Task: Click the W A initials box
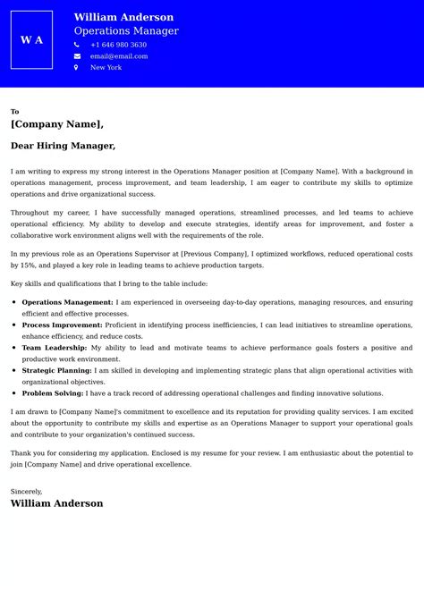click(x=31, y=40)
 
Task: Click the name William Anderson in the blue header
click(x=123, y=17)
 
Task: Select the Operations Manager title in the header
click(x=126, y=31)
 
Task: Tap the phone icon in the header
click(x=77, y=45)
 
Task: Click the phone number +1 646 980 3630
click(x=118, y=45)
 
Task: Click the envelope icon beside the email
click(x=77, y=56)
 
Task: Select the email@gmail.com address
click(x=119, y=56)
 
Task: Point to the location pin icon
click(x=77, y=68)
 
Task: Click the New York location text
click(x=106, y=68)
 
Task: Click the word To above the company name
click(x=14, y=112)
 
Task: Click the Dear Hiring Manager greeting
click(x=63, y=146)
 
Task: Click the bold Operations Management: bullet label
click(x=67, y=302)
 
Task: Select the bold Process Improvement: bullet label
click(x=64, y=325)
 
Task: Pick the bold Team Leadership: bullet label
click(x=54, y=347)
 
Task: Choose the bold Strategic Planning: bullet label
click(x=56, y=370)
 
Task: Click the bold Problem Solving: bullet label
click(x=54, y=393)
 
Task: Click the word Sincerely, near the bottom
click(x=28, y=491)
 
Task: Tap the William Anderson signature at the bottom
click(x=56, y=503)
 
